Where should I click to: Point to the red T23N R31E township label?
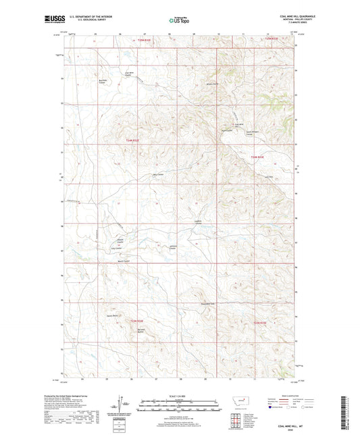138,320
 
